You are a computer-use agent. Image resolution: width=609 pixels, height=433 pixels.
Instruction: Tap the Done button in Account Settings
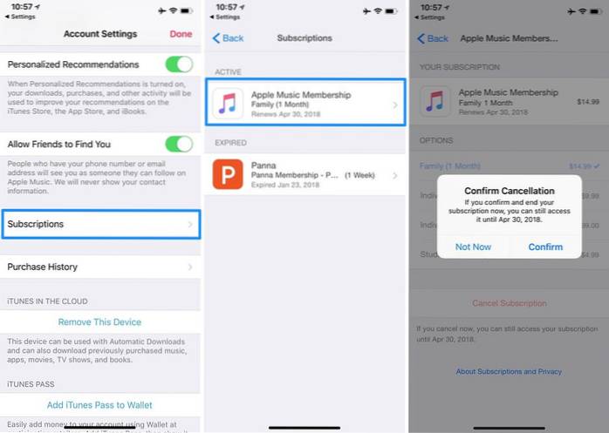tap(181, 34)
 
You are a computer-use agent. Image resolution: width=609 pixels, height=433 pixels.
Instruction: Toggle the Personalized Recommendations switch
tap(179, 64)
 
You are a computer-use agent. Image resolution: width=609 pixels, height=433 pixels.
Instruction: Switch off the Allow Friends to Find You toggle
tap(179, 144)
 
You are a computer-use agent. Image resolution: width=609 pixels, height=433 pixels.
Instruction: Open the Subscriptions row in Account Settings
tap(101, 225)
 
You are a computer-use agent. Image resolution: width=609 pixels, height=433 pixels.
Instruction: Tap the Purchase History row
tap(101, 267)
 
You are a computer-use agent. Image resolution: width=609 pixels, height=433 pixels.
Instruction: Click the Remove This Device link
tap(99, 322)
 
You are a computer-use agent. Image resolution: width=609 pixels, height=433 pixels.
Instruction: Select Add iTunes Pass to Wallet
tap(99, 405)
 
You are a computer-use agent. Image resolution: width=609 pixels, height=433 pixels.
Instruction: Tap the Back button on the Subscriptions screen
tap(229, 38)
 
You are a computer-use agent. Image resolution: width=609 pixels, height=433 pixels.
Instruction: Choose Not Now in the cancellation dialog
tap(473, 247)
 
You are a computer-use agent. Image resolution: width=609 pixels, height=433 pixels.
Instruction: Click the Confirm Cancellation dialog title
tap(508, 191)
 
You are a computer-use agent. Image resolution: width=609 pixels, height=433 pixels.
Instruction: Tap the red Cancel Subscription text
tap(510, 303)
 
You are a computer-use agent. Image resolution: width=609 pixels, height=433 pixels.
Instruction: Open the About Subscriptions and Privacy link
tap(509, 371)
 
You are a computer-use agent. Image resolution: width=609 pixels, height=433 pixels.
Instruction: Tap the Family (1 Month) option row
tap(509, 166)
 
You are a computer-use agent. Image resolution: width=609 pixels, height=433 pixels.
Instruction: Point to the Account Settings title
tap(100, 34)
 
